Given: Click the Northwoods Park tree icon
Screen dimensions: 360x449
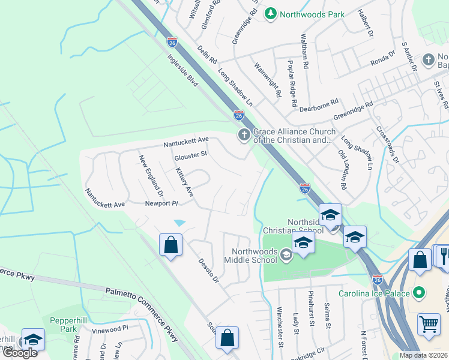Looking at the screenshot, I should (271, 13).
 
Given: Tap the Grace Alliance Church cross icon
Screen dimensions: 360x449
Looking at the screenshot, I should (244, 136).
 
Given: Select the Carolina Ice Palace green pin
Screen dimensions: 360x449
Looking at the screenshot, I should (420, 293).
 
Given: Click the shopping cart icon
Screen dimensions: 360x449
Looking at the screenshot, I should (429, 324).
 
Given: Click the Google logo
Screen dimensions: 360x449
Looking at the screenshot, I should (20, 353).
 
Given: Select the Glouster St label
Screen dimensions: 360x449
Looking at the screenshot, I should (190, 156).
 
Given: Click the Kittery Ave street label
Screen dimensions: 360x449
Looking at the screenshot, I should (185, 182).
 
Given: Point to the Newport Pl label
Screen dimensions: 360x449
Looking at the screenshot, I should (162, 204).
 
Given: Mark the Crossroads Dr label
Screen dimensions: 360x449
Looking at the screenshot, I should (387, 144).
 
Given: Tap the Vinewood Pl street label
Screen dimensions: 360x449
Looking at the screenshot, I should (110, 329).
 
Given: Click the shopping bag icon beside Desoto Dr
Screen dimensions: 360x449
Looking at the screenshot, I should (171, 245).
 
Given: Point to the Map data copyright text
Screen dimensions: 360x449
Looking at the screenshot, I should (424, 355).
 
